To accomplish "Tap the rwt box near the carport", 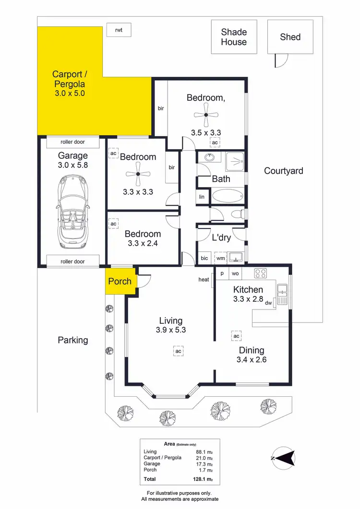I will (119, 30).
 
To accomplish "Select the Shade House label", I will (234, 37).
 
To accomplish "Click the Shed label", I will (290, 37).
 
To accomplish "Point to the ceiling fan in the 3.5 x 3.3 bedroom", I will (205, 115).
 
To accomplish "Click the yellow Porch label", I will (120, 281).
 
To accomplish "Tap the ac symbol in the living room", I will (178, 351).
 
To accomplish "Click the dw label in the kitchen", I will (269, 303).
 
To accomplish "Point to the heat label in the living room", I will (204, 280).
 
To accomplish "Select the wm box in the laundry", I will (220, 258).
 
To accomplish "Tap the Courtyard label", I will (284, 170).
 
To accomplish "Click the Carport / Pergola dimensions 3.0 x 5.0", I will (70, 94).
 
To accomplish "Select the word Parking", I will (73, 340).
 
